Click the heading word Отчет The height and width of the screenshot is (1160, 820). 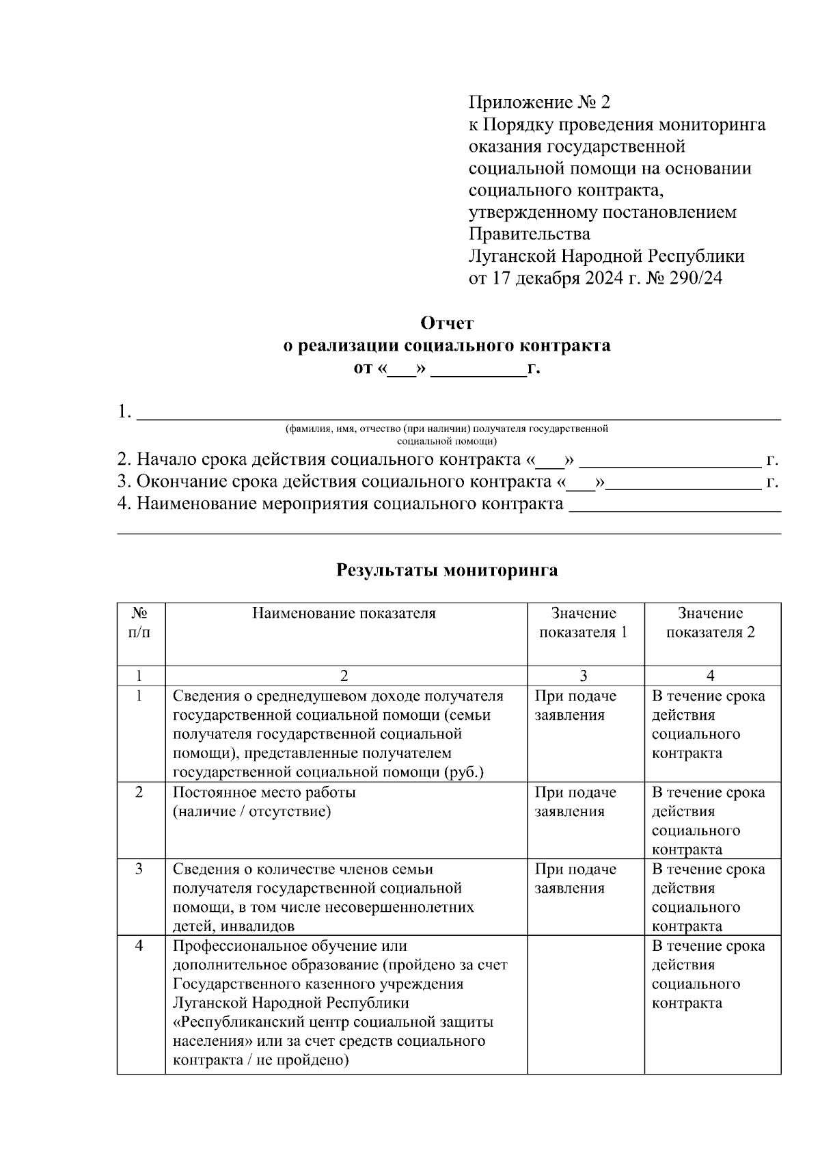coord(447,323)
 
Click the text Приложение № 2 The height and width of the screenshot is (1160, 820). coord(538,103)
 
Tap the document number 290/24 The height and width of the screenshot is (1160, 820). coord(697,278)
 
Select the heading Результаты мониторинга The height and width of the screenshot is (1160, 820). coord(447,570)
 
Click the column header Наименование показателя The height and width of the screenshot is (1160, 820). coord(344,613)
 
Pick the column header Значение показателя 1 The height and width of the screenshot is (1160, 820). coord(584,623)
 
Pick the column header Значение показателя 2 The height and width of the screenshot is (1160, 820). coord(711,623)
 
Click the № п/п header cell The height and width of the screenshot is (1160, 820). coord(140,623)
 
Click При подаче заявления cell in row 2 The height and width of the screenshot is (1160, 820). coord(575,802)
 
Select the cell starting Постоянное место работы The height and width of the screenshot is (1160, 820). coord(264,793)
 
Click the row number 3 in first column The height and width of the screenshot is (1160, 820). coord(139,869)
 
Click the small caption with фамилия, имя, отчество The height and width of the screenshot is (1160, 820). coord(447,434)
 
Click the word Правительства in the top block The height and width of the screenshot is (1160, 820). coord(529,234)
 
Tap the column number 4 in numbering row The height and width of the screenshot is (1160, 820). coord(711,675)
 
